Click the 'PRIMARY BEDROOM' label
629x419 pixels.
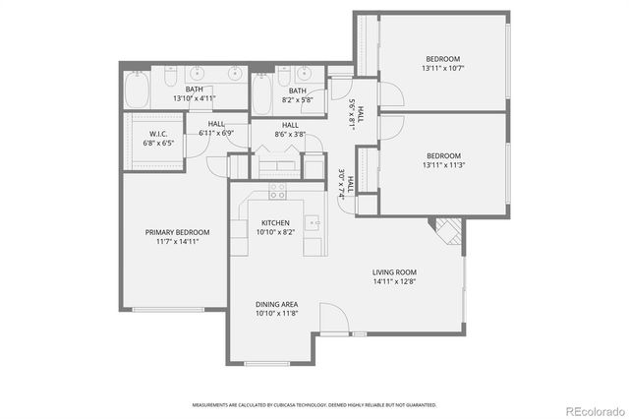pyautogui.click(x=178, y=232)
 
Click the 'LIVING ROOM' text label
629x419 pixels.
pyautogui.click(x=394, y=272)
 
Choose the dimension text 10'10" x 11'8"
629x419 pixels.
pyautogui.click(x=276, y=315)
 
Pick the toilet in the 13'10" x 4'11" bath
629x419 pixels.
pyautogui.click(x=169, y=76)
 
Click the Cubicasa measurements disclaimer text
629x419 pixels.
pyautogui.click(x=314, y=404)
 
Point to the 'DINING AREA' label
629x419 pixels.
pyautogui.click(x=276, y=305)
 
